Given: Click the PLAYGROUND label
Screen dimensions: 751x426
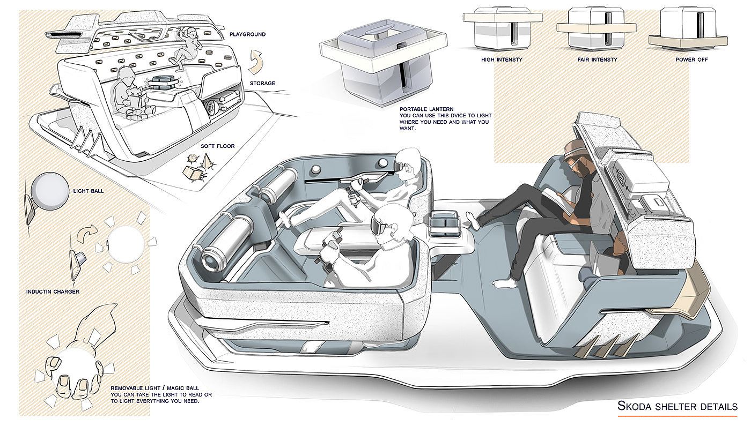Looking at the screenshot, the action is (247, 34).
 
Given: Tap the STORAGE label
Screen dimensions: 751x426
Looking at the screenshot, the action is (262, 83).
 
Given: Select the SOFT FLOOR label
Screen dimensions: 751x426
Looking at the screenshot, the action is (218, 146).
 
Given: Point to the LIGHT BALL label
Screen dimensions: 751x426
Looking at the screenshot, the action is (88, 191).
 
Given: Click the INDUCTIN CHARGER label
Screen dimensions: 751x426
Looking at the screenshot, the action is (53, 292).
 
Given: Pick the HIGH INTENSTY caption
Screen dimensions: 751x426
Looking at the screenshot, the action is (502, 59).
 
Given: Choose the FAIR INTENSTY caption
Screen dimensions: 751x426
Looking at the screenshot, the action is (597, 59).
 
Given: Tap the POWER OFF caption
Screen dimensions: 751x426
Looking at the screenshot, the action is (691, 59).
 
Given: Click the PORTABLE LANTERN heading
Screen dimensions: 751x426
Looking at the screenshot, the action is (426, 109).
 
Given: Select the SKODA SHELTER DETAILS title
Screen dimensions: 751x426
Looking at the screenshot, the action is (677, 406).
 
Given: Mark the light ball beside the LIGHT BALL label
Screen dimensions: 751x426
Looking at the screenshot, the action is (49, 191).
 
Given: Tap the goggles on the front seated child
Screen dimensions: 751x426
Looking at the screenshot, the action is (381, 227).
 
